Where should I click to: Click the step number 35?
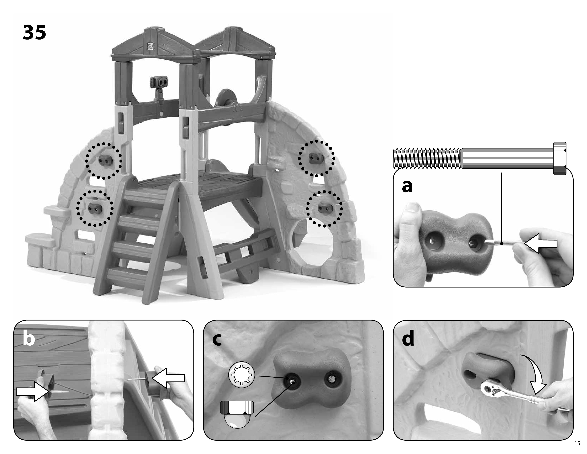point(34,33)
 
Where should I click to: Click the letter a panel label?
point(407,186)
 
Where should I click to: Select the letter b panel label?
point(29,339)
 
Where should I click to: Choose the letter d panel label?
point(408,339)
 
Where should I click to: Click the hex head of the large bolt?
point(560,158)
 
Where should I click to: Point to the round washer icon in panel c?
point(242,375)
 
